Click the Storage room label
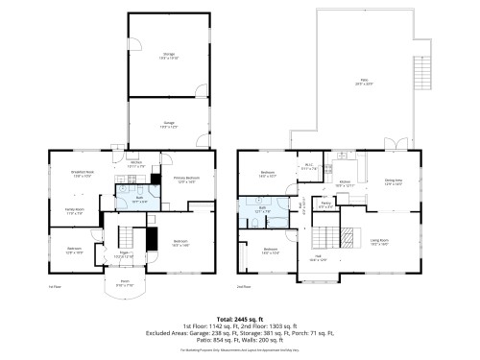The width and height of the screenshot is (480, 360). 169,57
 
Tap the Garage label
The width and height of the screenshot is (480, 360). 169,124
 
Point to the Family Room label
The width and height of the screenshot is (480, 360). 75,210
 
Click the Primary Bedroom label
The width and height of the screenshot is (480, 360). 185,180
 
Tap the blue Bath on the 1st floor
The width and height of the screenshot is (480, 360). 138,201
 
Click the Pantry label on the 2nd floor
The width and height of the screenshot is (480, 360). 325,204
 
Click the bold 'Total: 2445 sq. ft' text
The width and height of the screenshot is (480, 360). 239,318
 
